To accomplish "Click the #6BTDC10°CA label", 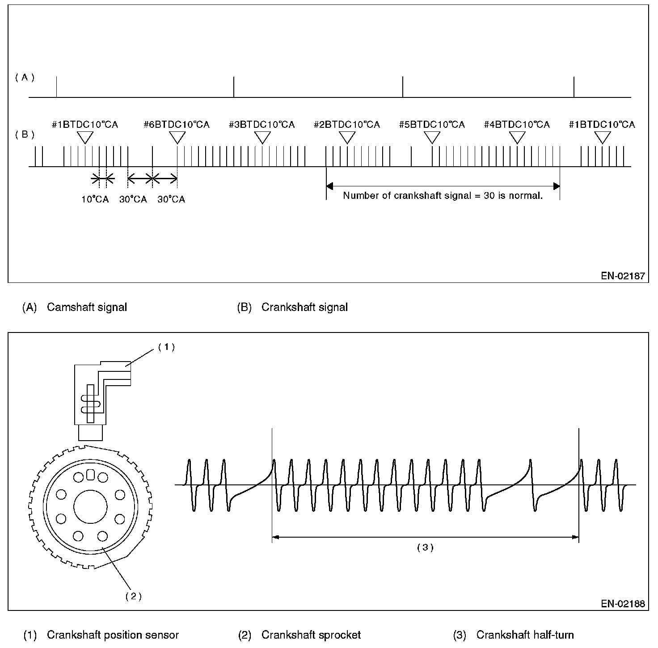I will click(177, 125).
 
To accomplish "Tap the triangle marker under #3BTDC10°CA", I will click(262, 137).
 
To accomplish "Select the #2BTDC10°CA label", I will click(347, 125).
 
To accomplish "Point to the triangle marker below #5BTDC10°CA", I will click(432, 137).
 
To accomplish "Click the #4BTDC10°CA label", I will click(517, 125).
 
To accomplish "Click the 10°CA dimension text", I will click(95, 199).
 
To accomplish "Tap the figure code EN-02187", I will click(623, 276).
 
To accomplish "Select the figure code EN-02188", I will click(623, 604).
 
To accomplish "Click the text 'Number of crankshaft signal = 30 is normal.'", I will click(443, 196).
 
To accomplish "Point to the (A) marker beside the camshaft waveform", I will click(25, 77).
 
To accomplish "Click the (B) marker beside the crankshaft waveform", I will click(25, 134).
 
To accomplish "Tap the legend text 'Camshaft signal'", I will click(87, 307).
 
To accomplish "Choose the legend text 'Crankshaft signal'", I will click(304, 307).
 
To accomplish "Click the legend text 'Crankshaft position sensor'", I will click(113, 635).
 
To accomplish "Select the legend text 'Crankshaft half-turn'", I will click(525, 635).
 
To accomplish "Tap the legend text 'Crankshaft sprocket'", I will click(311, 635).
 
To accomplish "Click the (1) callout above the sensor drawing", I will click(166, 347).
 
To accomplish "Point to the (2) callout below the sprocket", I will click(133, 596).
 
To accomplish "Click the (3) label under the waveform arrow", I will click(425, 547).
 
